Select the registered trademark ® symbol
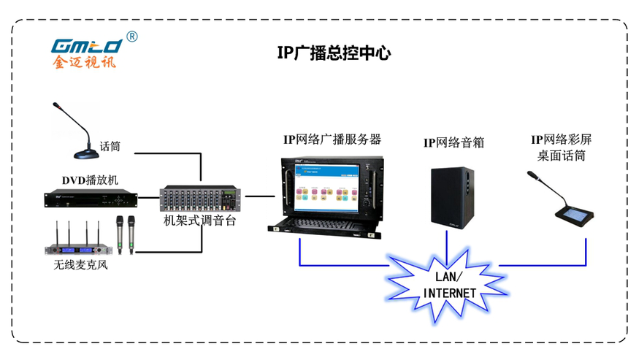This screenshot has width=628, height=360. [x=131, y=36]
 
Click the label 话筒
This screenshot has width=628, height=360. [x=110, y=147]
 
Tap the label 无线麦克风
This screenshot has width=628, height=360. [x=80, y=264]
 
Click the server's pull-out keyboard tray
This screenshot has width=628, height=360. [x=329, y=222]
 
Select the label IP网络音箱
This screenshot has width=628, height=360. [x=453, y=142]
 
